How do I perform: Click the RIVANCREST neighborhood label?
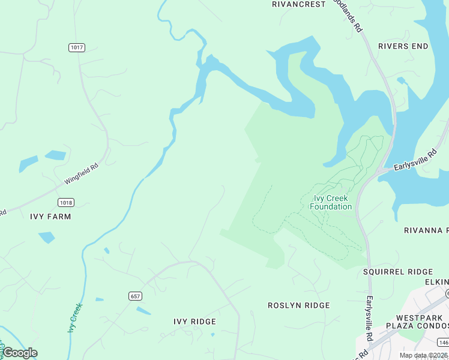[298, 4]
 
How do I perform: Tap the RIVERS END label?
[403, 46]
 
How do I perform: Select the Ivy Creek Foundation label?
[331, 203]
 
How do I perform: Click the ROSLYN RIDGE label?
[298, 305]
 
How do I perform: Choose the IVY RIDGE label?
[194, 322]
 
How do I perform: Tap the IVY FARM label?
[50, 217]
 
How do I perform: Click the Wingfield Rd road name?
[80, 174]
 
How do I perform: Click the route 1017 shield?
[76, 47]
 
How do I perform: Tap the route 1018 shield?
[65, 202]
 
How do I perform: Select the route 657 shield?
[136, 296]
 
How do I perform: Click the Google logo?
[20, 353]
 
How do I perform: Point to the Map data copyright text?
[423, 355]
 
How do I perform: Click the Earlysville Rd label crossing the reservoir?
[412, 161]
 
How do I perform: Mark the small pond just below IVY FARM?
[47, 238]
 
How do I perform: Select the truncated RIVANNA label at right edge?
[426, 230]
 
